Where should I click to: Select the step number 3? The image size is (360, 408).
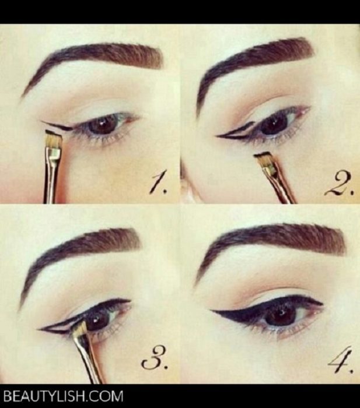[153, 361]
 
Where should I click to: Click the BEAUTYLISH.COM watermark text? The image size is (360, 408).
[64, 396]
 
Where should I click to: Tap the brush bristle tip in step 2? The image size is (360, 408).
[263, 156]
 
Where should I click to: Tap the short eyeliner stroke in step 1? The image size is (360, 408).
[58, 126]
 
